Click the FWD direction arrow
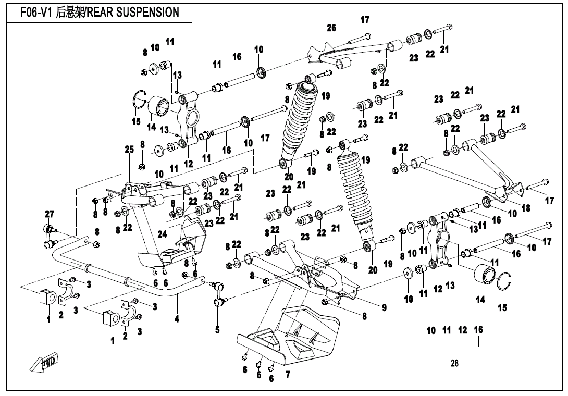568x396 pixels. (44, 362)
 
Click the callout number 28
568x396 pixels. (454, 364)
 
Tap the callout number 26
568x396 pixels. (331, 28)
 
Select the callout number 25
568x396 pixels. (129, 149)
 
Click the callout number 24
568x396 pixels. (163, 235)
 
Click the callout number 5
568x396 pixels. (217, 330)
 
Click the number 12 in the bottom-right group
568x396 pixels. (462, 330)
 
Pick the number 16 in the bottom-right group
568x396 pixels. (478, 330)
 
